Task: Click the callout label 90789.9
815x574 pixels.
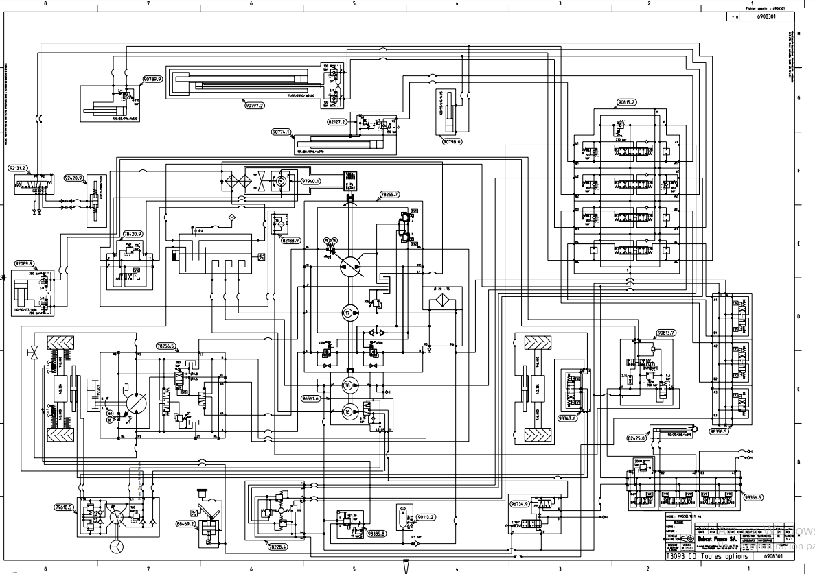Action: pyautogui.click(x=152, y=80)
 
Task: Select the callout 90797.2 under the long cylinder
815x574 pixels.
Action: pyautogui.click(x=254, y=105)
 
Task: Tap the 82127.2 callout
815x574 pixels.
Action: pyautogui.click(x=337, y=121)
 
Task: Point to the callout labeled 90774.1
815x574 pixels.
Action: pyautogui.click(x=282, y=132)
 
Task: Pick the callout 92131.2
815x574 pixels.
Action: pyautogui.click(x=17, y=167)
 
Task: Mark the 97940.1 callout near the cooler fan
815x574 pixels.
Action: pyautogui.click(x=311, y=181)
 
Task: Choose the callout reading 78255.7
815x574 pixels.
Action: pyautogui.click(x=389, y=195)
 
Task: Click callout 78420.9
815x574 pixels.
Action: pyautogui.click(x=133, y=234)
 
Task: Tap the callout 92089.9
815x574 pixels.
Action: pyautogui.click(x=23, y=263)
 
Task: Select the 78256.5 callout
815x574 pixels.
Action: pyautogui.click(x=166, y=346)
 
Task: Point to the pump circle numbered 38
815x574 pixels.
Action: pyautogui.click(x=348, y=386)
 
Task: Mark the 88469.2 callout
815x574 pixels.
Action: pyautogui.click(x=186, y=523)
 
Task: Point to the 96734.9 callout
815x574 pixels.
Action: pyautogui.click(x=520, y=504)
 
